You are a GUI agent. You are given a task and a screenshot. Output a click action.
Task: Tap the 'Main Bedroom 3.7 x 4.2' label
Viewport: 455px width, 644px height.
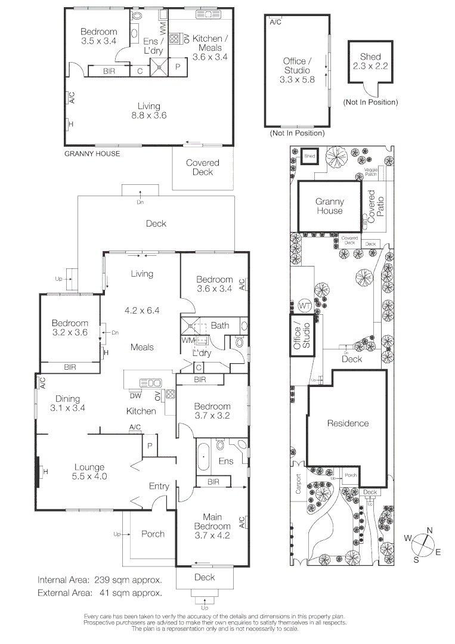click(x=212, y=527)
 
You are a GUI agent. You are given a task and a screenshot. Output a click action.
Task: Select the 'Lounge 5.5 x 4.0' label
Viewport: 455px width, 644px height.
click(x=89, y=472)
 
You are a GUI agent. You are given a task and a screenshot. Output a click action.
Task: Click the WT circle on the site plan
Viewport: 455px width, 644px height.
click(x=304, y=306)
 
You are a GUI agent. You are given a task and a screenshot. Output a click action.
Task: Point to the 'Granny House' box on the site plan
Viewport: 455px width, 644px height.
click(x=329, y=206)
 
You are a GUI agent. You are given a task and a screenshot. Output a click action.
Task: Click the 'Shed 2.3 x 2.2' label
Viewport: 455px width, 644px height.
click(x=370, y=62)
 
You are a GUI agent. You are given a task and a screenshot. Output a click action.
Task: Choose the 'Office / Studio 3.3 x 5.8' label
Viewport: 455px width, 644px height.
click(x=297, y=70)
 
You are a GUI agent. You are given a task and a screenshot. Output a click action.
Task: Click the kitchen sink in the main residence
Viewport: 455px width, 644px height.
click(x=150, y=383)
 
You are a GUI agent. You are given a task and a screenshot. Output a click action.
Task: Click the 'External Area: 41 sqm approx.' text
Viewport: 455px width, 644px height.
click(x=100, y=593)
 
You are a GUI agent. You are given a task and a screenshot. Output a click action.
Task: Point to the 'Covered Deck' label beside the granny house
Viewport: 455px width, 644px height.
click(x=202, y=167)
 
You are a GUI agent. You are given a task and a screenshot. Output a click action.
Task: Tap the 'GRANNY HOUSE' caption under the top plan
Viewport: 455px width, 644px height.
click(x=92, y=154)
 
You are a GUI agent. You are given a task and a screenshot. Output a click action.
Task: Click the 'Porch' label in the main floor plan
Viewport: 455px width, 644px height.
click(x=153, y=534)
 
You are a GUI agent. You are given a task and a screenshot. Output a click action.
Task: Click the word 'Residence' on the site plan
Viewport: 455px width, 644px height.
click(x=348, y=423)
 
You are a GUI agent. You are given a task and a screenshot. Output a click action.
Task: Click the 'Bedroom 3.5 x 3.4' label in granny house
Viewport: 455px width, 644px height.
click(x=99, y=36)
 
